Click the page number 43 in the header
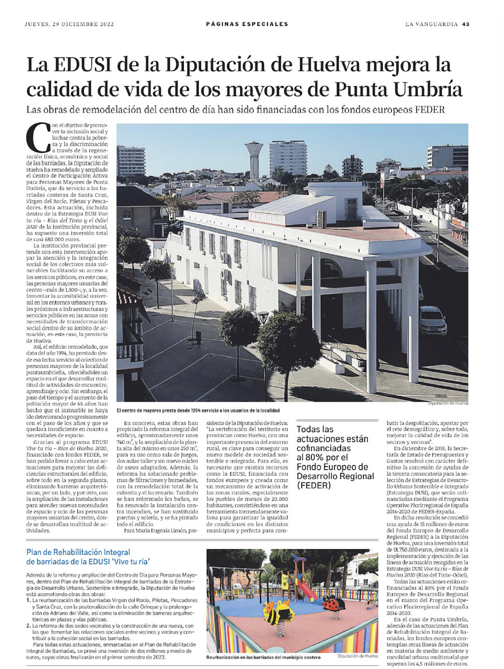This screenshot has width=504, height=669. (x=466, y=24)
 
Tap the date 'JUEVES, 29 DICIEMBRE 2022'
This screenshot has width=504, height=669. (x=69, y=24)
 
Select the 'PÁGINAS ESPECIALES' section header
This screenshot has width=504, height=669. (x=247, y=24)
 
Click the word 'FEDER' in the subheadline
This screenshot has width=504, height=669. (x=428, y=110)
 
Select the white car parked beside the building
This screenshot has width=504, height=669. (x=432, y=320)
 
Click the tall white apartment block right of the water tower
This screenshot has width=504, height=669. (x=288, y=157)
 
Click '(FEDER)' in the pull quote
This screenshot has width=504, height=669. (x=314, y=485)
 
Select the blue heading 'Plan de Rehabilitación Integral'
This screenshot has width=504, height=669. (x=78, y=552)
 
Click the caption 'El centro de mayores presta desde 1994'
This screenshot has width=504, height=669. (x=198, y=410)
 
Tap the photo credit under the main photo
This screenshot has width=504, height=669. (x=448, y=403)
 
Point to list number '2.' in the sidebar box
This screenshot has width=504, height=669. (x=29, y=626)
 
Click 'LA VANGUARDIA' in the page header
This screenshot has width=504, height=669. (x=431, y=24)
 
